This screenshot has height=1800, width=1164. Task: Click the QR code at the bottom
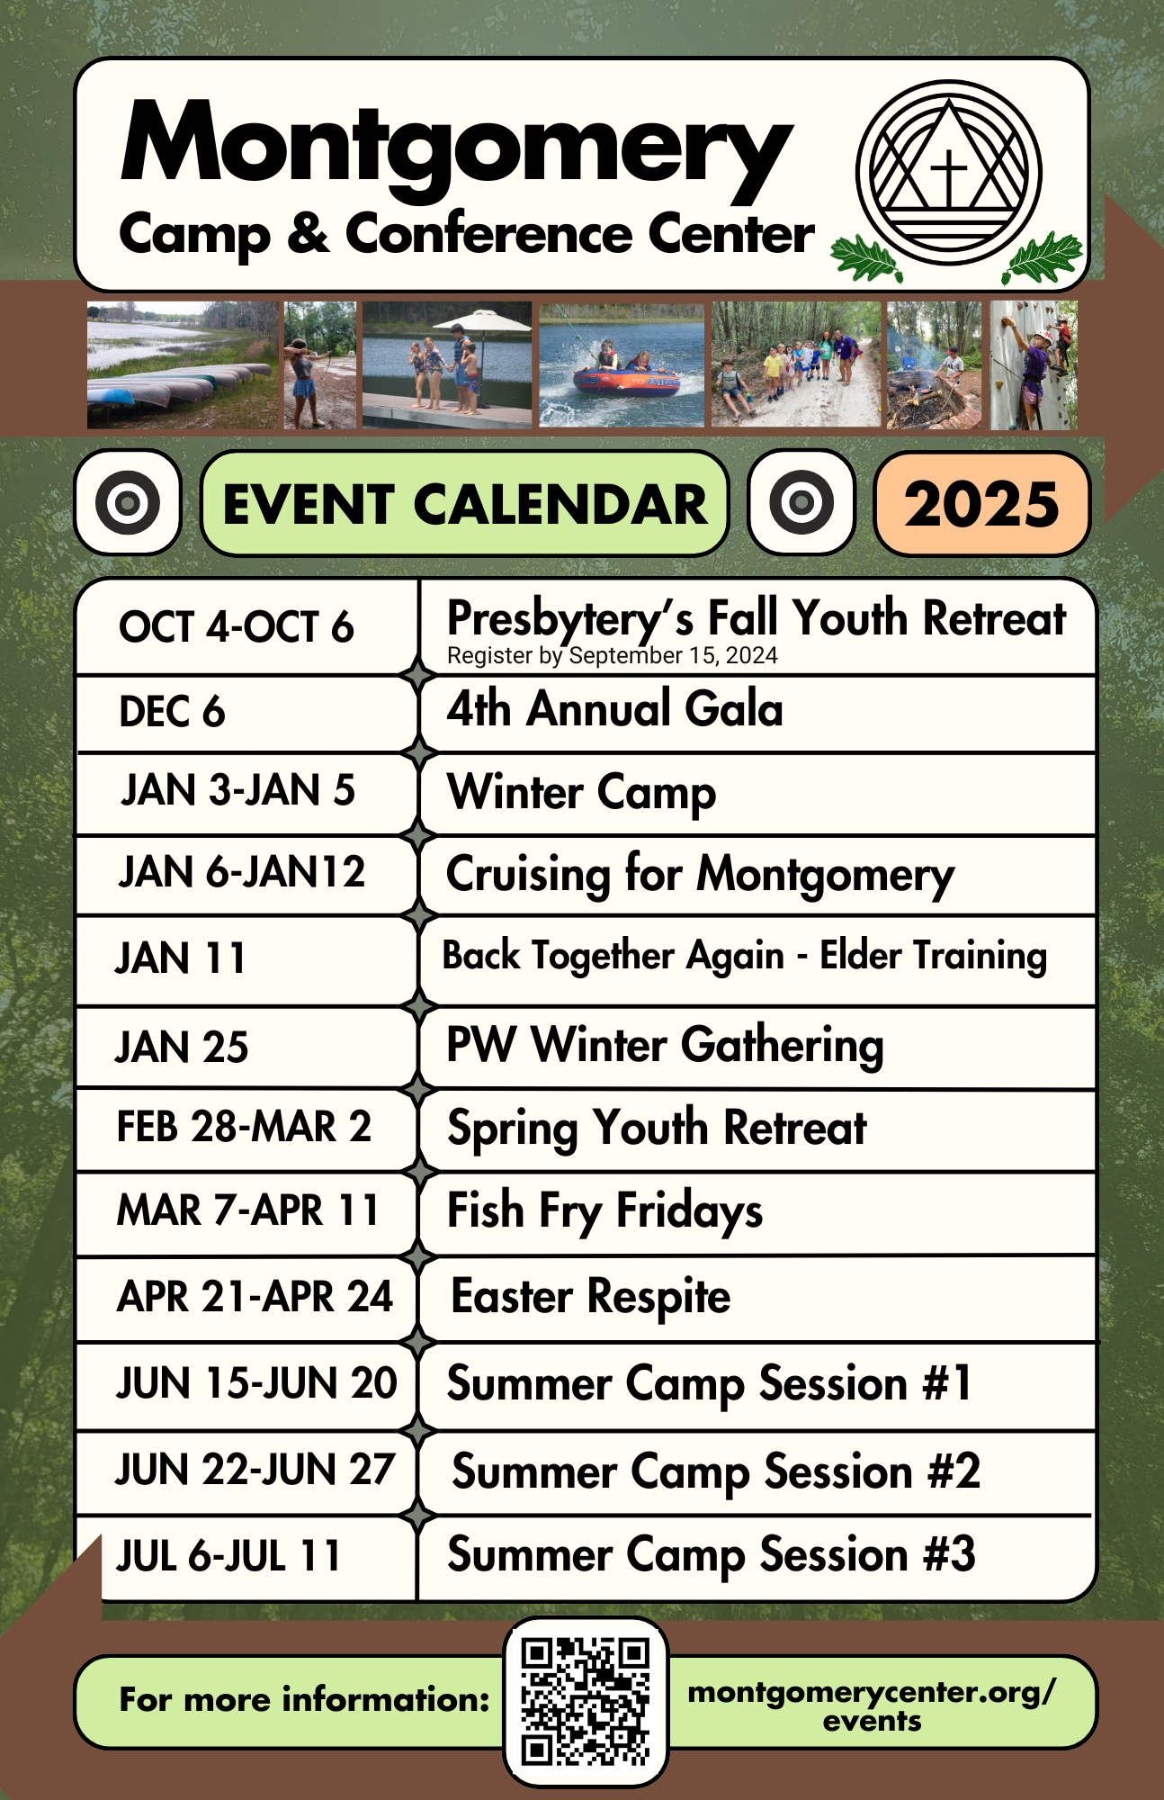pyautogui.click(x=586, y=1702)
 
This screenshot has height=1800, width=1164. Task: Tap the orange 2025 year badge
pyautogui.click(x=981, y=503)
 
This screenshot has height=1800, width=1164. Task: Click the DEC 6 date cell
pyautogui.click(x=172, y=712)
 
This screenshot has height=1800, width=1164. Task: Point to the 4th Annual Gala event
pyautogui.click(x=614, y=709)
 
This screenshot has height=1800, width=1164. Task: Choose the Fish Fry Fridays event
pyautogui.click(x=604, y=1210)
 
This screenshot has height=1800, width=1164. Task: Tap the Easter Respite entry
pyautogui.click(x=590, y=1297)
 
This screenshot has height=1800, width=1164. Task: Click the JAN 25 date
pyautogui.click(x=182, y=1048)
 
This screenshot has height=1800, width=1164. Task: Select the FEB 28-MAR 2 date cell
pyautogui.click(x=244, y=1127)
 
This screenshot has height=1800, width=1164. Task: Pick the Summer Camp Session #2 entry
pyautogui.click(x=715, y=1472)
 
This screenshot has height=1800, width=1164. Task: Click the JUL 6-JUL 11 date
pyautogui.click(x=228, y=1556)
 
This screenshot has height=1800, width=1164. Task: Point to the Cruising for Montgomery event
pyautogui.click(x=700, y=875)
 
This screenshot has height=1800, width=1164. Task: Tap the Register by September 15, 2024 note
pyautogui.click(x=612, y=656)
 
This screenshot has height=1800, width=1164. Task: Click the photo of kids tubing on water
pyautogui.click(x=622, y=364)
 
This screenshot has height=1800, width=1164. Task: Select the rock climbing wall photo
pyautogui.click(x=1034, y=364)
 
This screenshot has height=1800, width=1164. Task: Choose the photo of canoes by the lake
pyautogui.click(x=183, y=364)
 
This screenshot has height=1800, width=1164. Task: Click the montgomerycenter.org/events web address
pyautogui.click(x=871, y=1705)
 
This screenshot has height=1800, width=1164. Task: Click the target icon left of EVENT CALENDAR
pyautogui.click(x=128, y=502)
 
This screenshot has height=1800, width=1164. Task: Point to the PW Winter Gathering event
pyautogui.click(x=665, y=1046)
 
